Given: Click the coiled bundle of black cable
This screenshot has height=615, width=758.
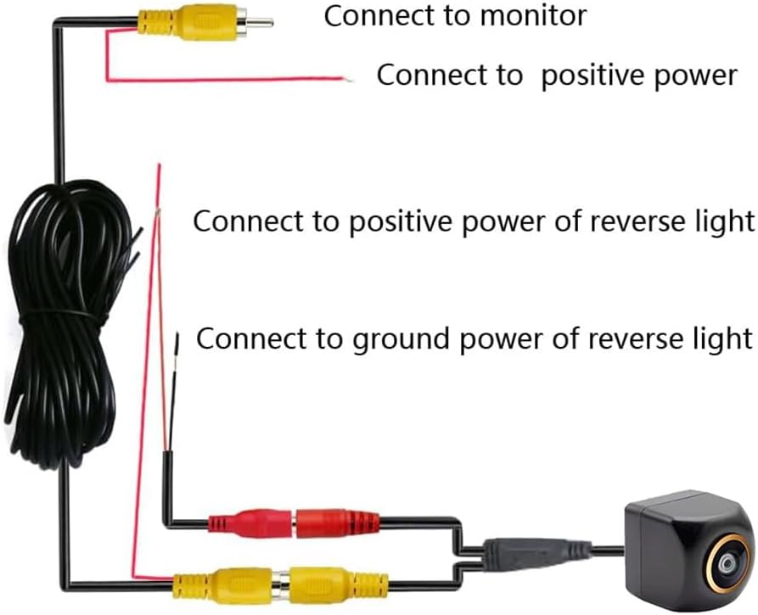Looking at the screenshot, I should point(64,322).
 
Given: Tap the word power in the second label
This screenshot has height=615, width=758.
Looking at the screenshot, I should point(694,75).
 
